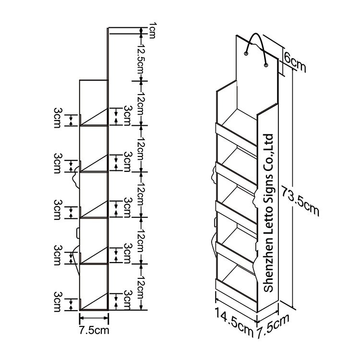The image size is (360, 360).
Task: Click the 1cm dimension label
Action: pos(153,30)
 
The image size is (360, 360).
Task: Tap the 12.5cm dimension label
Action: pos(140,58)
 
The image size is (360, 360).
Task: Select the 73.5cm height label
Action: pos(300,201)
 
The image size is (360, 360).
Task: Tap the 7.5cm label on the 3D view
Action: pos(273,326)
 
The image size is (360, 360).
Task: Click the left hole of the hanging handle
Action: pos(246,54)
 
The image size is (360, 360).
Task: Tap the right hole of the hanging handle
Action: pos(266,65)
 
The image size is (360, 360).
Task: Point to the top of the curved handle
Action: pos(255,34)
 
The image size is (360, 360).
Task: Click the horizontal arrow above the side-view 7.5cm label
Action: pos(94,318)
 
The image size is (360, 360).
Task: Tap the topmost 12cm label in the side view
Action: pos(140,103)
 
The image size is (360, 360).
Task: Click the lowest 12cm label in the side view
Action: pos(140,287)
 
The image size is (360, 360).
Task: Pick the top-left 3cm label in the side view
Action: pos(58,118)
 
